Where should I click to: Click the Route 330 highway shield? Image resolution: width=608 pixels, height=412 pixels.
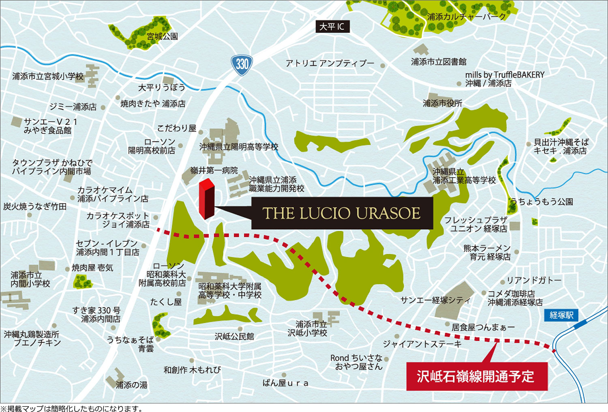click(x=242, y=65)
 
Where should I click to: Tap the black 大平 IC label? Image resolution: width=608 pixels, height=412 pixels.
click(x=332, y=27)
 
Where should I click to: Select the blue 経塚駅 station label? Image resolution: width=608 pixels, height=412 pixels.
click(x=561, y=315)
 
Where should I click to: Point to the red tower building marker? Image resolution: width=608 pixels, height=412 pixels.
click(x=206, y=199)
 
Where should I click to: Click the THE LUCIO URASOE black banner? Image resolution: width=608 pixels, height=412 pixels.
click(x=342, y=213)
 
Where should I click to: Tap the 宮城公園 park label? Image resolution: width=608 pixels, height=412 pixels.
click(x=162, y=36)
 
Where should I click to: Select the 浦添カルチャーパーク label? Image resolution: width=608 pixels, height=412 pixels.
click(x=467, y=17)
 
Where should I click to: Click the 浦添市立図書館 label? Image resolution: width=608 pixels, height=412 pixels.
click(x=439, y=62)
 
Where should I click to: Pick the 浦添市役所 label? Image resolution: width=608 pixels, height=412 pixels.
click(x=442, y=103)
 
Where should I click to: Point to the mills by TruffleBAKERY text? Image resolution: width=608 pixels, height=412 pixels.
click(x=505, y=75)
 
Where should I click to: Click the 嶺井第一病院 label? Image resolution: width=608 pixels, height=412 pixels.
click(x=214, y=170)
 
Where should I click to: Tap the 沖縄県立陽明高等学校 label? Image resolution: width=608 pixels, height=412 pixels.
click(x=239, y=147)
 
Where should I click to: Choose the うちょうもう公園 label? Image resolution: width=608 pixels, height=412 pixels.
click(x=542, y=202)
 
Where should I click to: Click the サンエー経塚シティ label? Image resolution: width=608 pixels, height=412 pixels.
click(x=435, y=300)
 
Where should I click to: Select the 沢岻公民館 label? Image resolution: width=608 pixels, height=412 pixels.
click(x=234, y=336)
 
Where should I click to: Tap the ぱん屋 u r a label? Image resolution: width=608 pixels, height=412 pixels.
click(x=285, y=383)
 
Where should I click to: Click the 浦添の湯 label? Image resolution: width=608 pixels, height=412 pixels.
click(x=131, y=385)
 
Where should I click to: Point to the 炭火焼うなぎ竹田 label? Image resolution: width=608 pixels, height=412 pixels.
click(x=35, y=206)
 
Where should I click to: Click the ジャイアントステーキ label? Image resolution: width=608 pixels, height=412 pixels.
click(x=422, y=344)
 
